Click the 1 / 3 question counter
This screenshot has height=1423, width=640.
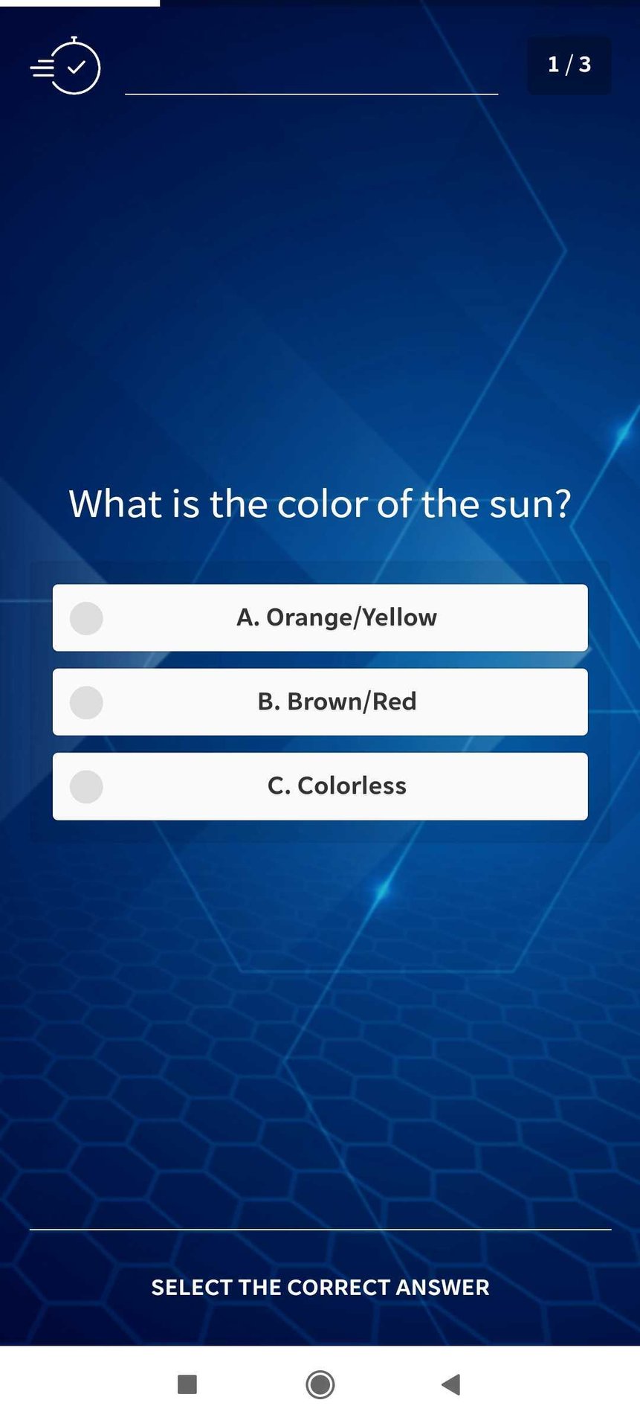click(569, 65)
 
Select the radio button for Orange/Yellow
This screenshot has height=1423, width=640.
click(86, 618)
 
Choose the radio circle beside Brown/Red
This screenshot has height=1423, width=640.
click(86, 702)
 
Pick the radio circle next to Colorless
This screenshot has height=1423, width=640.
click(86, 786)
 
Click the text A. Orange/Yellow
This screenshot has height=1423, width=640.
click(337, 617)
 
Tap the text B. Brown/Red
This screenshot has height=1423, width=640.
click(337, 701)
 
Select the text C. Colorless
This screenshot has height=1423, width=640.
click(337, 786)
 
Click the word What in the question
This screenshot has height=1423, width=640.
click(116, 504)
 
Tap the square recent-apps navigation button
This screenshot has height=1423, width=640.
click(187, 1384)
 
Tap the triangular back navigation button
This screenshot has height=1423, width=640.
click(451, 1384)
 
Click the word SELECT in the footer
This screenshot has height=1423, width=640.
click(192, 1288)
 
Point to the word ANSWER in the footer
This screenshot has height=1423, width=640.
click(442, 1288)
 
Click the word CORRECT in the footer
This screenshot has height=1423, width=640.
click(337, 1288)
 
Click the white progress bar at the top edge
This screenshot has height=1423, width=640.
click(80, 3)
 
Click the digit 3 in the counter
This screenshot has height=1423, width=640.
click(585, 65)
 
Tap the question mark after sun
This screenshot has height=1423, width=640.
click(562, 504)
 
